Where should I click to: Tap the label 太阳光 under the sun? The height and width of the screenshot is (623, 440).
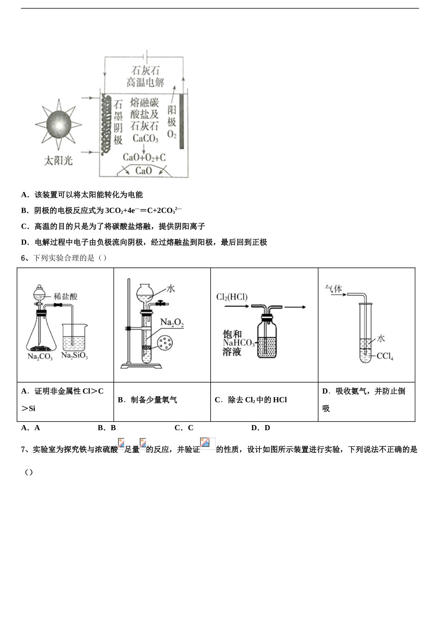pyautogui.click(x=58, y=161)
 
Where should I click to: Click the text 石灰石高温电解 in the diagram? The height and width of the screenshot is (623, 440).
pyautogui.click(x=145, y=77)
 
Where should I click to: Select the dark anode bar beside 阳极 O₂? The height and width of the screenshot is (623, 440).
pyautogui.click(x=182, y=121)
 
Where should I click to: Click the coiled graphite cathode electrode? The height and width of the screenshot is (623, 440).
pyautogui.click(x=106, y=124)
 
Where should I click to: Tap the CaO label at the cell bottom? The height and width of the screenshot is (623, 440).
pyautogui.click(x=144, y=171)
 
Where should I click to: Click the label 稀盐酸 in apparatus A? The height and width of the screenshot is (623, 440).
pyautogui.click(x=65, y=296)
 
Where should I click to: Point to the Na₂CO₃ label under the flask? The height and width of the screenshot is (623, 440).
pyautogui.click(x=40, y=357)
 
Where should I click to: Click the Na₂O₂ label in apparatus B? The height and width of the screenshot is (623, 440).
pyautogui.click(x=172, y=322)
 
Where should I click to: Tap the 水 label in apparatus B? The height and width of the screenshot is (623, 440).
pyautogui.click(x=170, y=288)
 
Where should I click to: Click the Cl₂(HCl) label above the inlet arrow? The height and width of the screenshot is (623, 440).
pyautogui.click(x=232, y=297)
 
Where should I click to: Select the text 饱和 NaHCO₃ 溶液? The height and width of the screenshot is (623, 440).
pyautogui.click(x=238, y=343)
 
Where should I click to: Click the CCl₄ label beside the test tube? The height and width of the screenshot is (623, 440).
pyautogui.click(x=384, y=356)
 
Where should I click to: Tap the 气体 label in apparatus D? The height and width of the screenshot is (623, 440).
pyautogui.click(x=333, y=289)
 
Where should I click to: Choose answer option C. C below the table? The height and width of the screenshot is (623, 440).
pyautogui.click(x=184, y=428)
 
